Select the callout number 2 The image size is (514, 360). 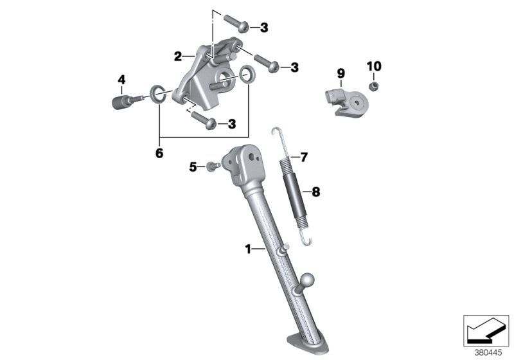point(178,56)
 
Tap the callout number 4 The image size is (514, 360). point(121,80)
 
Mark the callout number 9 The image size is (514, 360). point(341,73)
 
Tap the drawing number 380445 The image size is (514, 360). point(487,352)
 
